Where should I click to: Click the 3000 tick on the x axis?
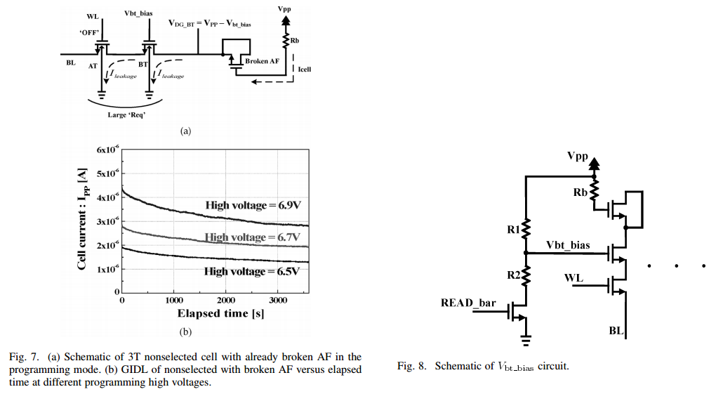tap(278, 301)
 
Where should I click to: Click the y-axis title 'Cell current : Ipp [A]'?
tap(83, 222)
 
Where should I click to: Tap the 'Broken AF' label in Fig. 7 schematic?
tap(261, 62)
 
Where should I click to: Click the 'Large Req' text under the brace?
tap(126, 114)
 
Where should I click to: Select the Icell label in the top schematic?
tap(304, 70)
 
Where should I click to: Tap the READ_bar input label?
tap(468, 303)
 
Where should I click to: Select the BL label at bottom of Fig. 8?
tap(616, 329)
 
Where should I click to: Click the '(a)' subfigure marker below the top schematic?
tap(186, 131)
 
